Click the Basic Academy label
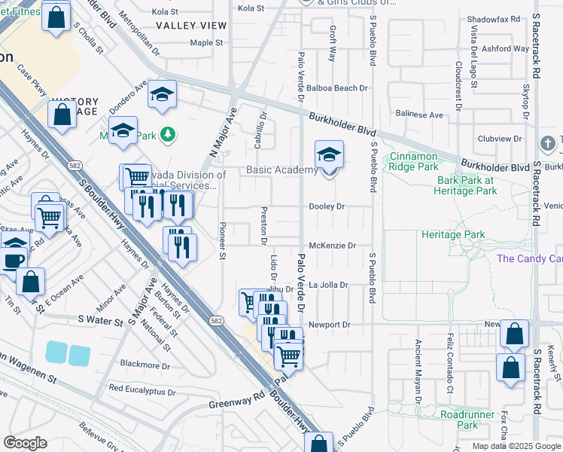click(282, 169)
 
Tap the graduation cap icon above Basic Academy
click(329, 155)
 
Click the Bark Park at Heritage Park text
click(467, 185)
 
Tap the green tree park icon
click(170, 135)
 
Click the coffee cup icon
click(13, 259)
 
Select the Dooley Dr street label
click(327, 206)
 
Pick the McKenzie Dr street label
click(331, 246)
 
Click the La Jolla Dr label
click(329, 286)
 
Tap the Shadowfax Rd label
click(494, 19)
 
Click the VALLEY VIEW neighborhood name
click(191, 26)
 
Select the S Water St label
click(100, 321)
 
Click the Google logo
click(25, 443)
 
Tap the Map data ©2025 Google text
click(516, 446)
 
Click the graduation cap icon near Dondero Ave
click(162, 95)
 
